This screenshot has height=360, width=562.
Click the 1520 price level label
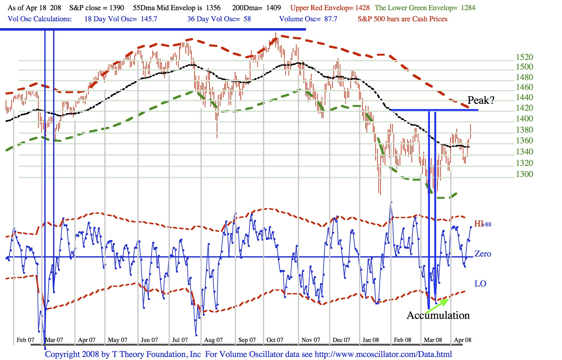point(524,57)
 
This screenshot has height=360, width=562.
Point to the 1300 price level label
point(524,174)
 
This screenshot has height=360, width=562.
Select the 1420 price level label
point(524,108)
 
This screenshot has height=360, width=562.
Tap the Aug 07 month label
point(213,340)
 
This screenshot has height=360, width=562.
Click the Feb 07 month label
point(25,340)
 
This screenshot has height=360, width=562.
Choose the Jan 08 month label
point(370,340)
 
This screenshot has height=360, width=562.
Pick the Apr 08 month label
point(462,340)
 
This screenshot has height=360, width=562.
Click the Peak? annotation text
point(481,100)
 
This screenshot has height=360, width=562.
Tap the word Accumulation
point(438,316)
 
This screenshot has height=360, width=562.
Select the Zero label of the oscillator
point(483,254)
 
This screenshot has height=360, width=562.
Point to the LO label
point(480,284)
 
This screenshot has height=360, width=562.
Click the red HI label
point(478,224)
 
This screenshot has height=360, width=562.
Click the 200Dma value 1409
point(273,8)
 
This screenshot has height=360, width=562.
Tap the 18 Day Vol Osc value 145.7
point(149,19)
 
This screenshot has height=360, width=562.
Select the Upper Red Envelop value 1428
point(362,8)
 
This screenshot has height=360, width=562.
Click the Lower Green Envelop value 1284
point(468,8)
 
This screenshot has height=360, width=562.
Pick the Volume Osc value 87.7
point(331,19)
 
